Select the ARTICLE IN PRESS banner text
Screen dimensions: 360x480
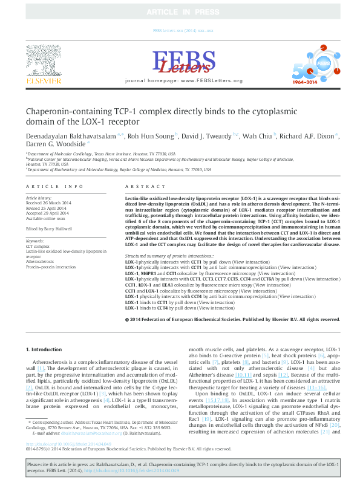pyautogui.click(x=180, y=11)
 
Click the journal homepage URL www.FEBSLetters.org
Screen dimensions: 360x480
pyautogui.click(x=211, y=80)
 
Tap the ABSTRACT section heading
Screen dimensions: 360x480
pyautogui.click(x=140, y=187)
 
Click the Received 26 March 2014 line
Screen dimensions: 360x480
pyautogui.click(x=48, y=203)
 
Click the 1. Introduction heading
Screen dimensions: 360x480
pyautogui.click(x=45, y=350)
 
